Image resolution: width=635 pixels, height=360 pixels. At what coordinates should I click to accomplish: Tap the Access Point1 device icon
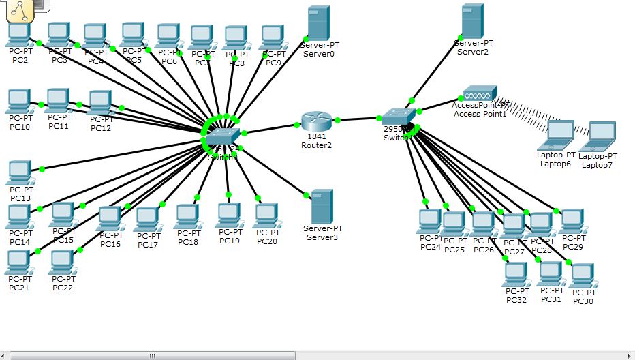480,93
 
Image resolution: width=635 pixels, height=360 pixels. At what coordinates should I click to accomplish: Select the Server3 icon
322,207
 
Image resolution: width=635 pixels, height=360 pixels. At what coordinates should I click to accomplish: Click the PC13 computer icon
20,172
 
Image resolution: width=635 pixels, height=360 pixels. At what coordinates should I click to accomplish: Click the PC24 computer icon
430,221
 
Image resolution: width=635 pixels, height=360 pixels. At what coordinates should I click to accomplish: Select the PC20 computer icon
266,215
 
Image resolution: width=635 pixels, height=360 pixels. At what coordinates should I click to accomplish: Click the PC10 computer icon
19,102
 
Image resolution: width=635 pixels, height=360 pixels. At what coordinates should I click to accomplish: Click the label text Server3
322,237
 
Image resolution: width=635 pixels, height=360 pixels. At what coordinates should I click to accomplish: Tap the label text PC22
63,288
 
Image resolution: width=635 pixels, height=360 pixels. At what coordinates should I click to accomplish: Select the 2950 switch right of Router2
398,117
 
